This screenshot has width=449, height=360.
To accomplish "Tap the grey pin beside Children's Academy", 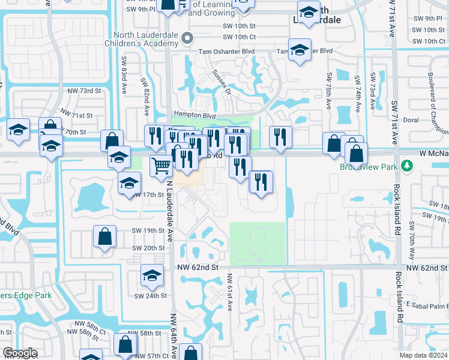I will click(187, 38).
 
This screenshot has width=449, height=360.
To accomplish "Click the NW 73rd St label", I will click(84, 91).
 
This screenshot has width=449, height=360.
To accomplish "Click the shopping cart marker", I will click(161, 165).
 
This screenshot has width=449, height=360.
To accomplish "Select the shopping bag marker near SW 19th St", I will click(105, 236).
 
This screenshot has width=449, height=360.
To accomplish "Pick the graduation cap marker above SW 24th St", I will click(152, 275).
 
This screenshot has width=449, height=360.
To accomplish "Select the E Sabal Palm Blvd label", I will click(427, 305).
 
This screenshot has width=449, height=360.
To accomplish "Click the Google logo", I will click(20, 353).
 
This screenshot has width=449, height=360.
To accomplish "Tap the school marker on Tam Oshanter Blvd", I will click(299, 50).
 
